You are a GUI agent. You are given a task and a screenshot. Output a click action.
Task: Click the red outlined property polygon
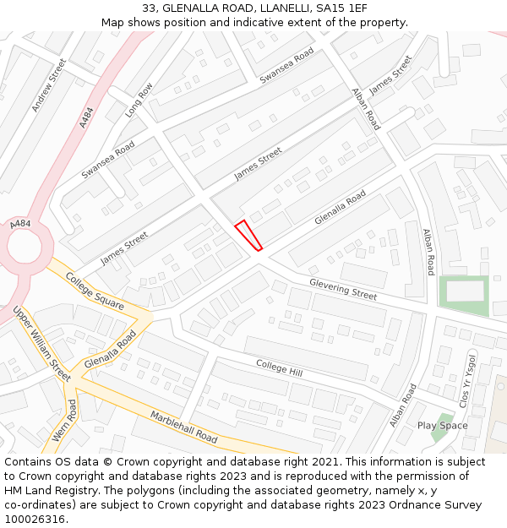coord(248,235)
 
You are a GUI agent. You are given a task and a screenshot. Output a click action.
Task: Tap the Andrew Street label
coord(48,85)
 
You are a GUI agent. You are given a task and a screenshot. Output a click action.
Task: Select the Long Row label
coord(139,100)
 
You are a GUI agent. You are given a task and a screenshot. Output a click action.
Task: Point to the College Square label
coord(95,291)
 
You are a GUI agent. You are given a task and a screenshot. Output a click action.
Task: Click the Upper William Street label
coord(41,344)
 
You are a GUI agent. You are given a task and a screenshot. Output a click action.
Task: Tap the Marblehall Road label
coord(184,427)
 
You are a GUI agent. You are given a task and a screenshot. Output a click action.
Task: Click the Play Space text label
coord(442,425)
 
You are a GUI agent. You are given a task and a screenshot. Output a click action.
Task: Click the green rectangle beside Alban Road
coord(464,295)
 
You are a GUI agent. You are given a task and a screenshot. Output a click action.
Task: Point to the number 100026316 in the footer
coord(34,519)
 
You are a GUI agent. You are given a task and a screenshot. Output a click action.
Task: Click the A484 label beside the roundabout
coord(20,224)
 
